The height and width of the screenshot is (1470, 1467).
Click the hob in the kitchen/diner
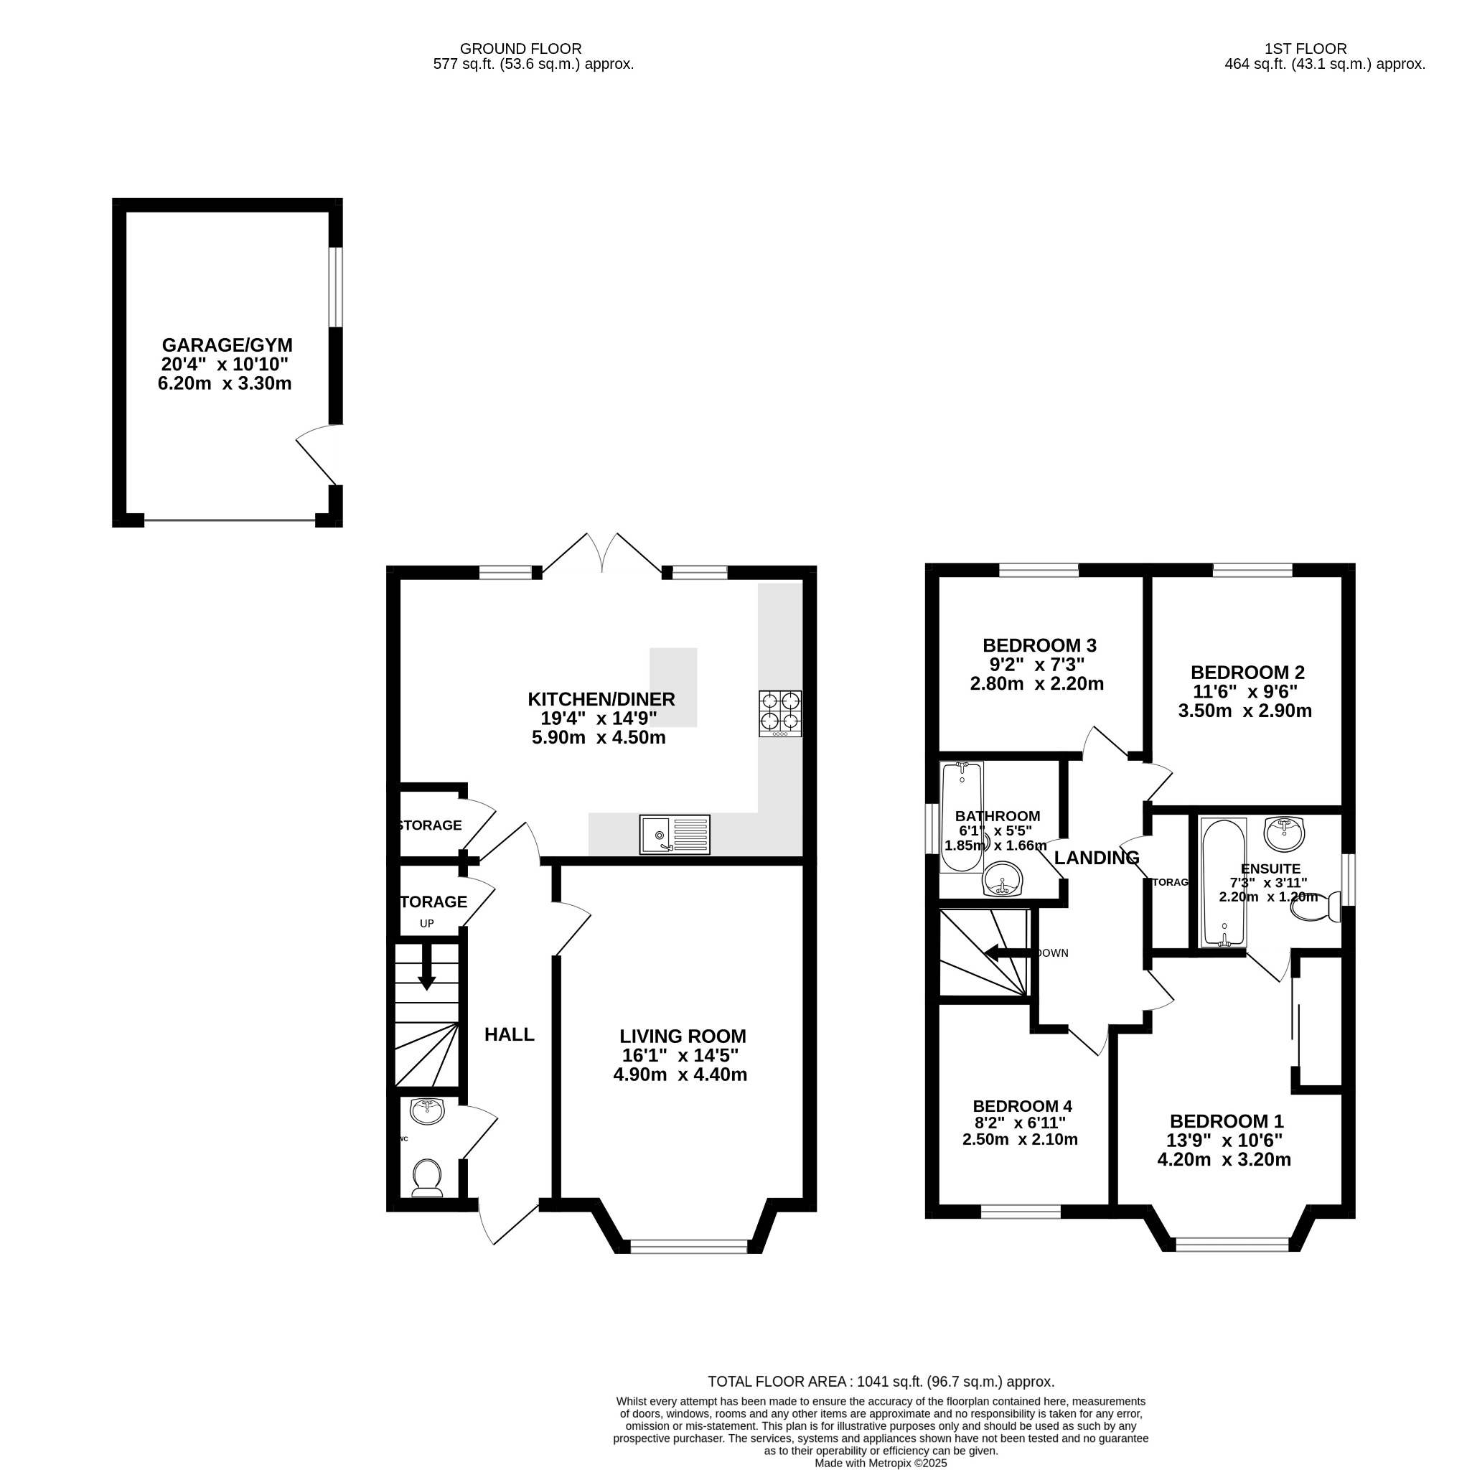click(x=780, y=713)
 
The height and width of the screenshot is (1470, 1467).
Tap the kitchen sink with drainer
click(x=674, y=835)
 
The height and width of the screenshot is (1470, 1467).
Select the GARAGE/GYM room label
click(x=227, y=345)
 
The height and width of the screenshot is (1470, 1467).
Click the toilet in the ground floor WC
click(x=427, y=1177)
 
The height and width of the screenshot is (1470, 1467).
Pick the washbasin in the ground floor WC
click(x=427, y=1111)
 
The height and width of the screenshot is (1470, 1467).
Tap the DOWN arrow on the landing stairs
click(x=1008, y=952)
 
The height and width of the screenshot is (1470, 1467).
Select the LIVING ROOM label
click(x=683, y=1036)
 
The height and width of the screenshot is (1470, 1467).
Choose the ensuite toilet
click(x=1321, y=907)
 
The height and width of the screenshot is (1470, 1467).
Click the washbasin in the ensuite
click(x=1285, y=833)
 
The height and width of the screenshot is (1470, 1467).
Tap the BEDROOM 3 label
click(x=1039, y=645)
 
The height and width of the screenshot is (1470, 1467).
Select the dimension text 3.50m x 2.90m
click(x=1245, y=711)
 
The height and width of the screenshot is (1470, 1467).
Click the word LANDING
click(x=1097, y=858)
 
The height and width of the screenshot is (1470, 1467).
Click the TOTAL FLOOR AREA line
click(x=881, y=1382)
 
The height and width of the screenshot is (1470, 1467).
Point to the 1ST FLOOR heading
click(x=1305, y=49)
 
